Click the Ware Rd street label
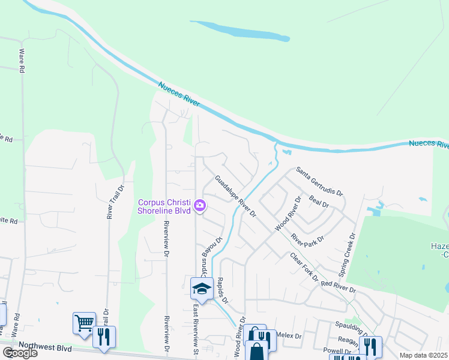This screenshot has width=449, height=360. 22,61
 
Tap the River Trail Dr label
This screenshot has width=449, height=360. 110,201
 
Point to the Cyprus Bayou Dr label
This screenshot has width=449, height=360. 211,258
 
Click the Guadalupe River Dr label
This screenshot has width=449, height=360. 236,196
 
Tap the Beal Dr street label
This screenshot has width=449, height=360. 319,200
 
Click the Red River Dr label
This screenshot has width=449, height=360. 339,287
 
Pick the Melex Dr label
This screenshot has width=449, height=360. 289,337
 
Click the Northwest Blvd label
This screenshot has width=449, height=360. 46,346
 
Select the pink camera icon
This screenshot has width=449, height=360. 200,206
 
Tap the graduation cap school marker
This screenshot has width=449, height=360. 202,289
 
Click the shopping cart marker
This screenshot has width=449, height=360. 84,323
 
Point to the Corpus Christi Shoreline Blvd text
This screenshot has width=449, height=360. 165,206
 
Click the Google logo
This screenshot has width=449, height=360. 20,353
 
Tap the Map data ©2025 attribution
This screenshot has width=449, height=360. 424,355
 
